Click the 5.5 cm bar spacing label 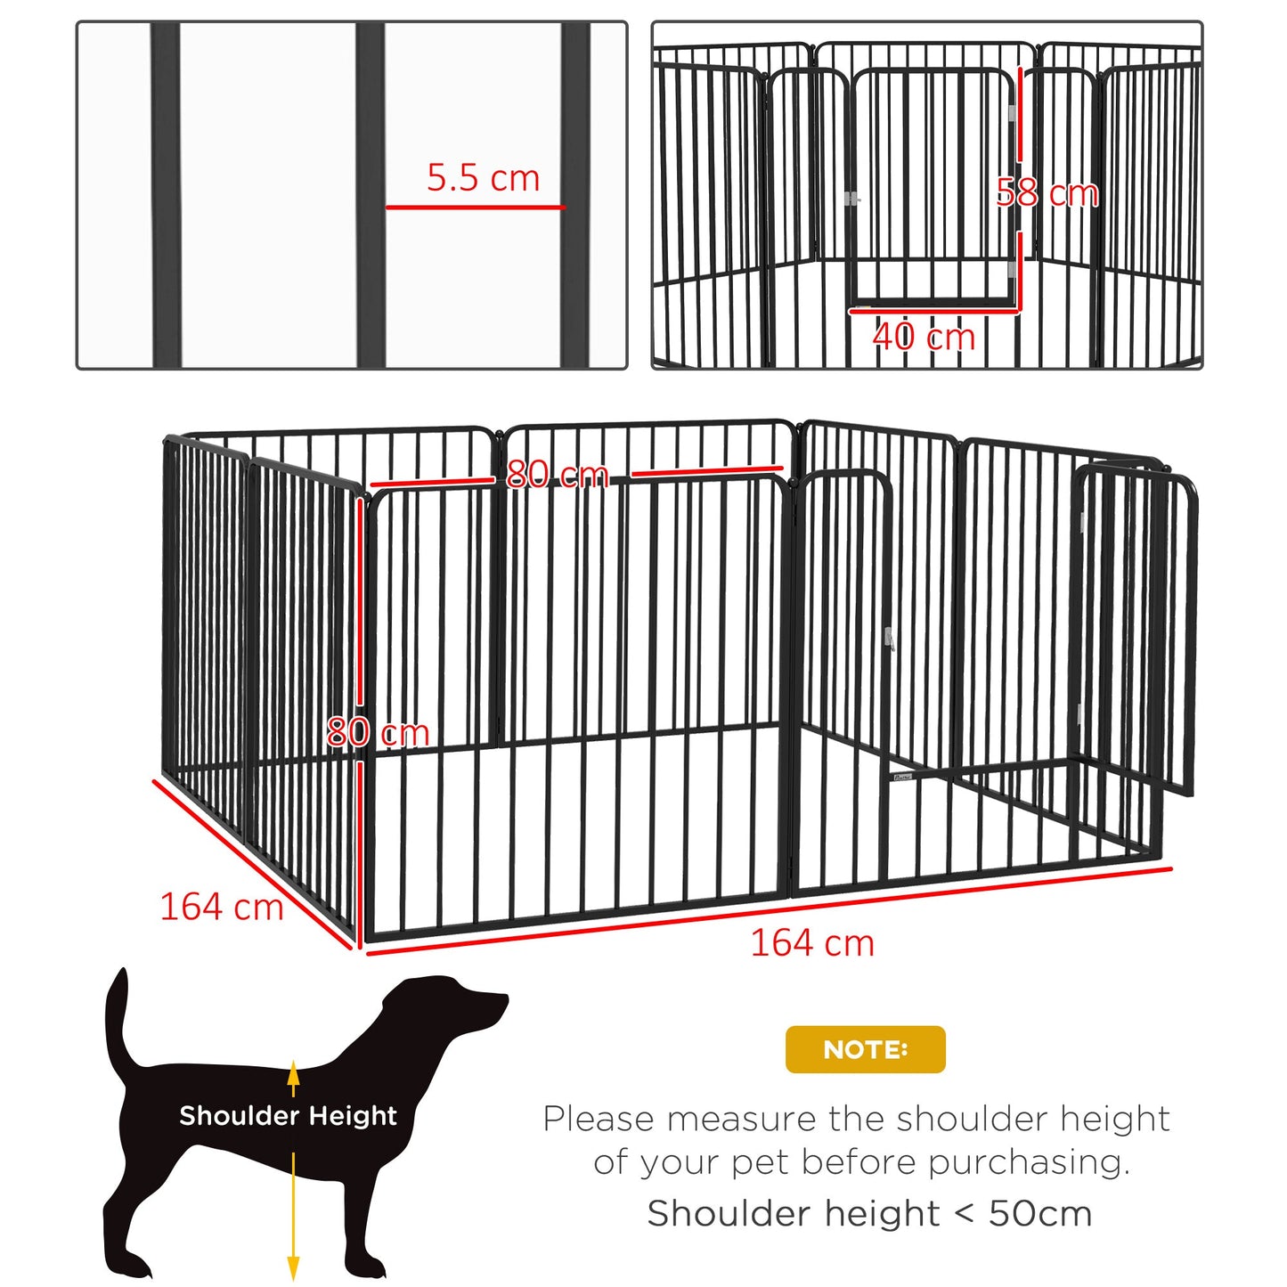coord(483,178)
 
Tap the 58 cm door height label coord(1047,193)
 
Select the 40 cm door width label coord(924,337)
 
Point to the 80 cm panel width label coord(557,474)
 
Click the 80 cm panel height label coord(378,732)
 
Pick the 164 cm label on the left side coord(221,908)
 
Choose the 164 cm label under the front coord(812,943)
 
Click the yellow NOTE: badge coord(865,1049)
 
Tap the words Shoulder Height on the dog coord(288,1116)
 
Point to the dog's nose coord(502,999)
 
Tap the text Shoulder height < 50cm coord(869,1213)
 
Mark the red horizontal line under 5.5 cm coord(475,208)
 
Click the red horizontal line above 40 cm coord(933,311)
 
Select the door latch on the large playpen coord(888,639)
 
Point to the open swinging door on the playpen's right coord(1136,623)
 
